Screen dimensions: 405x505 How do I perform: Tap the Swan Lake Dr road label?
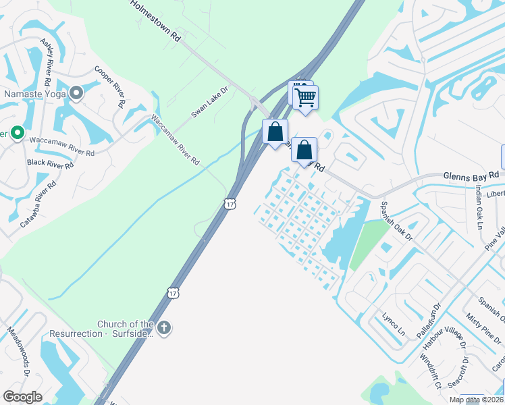point(211,103)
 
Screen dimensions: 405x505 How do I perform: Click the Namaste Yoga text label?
point(35,94)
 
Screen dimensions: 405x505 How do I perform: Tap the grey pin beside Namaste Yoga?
point(76,93)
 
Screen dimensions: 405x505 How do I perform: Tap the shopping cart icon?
point(306,97)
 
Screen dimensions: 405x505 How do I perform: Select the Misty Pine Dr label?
point(478,322)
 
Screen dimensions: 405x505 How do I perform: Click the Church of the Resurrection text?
point(126,329)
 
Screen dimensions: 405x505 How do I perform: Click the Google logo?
point(22,397)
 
